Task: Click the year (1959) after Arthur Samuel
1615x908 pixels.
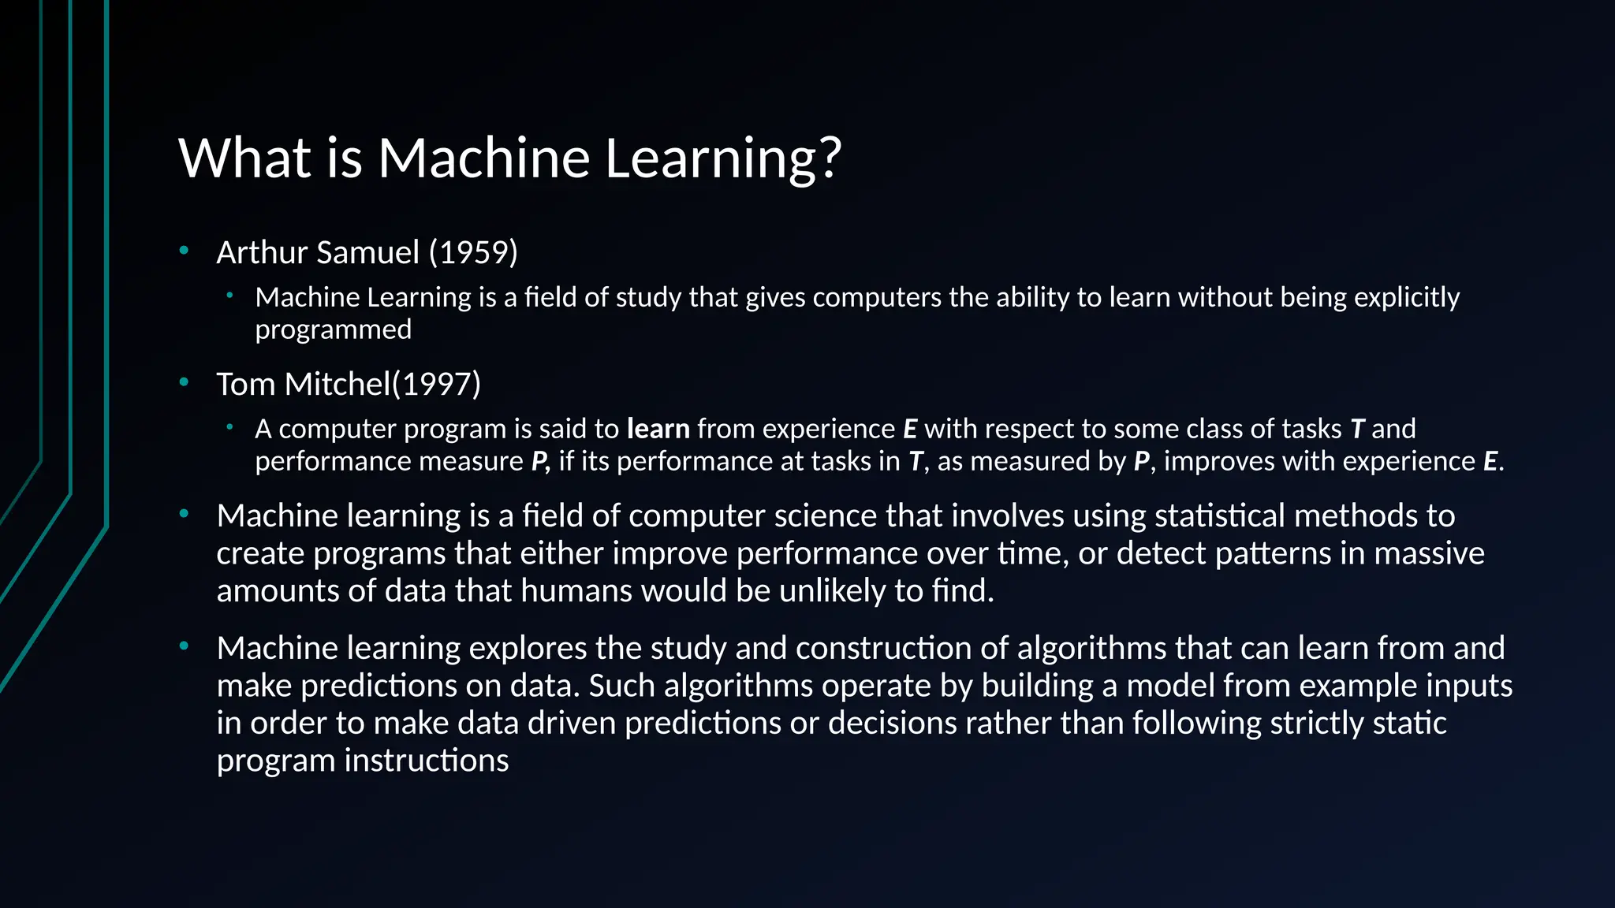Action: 473,252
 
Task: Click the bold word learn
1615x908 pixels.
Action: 658,429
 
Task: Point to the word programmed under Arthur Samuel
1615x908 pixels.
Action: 333,329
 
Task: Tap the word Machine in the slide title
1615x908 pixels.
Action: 483,157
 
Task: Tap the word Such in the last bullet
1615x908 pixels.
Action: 622,685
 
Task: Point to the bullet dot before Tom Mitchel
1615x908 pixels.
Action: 184,383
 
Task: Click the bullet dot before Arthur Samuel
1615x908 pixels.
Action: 184,251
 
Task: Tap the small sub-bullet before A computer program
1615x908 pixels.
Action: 229,427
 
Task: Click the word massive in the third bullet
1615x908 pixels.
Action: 1429,553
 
